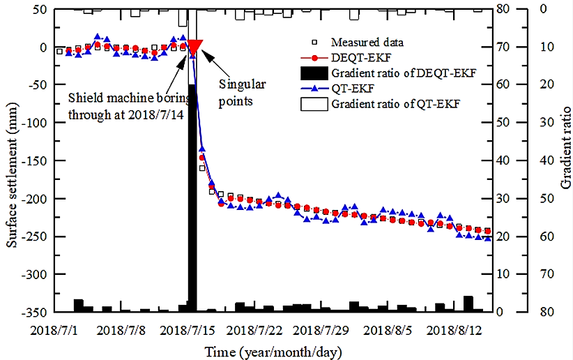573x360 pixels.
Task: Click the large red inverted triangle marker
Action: pos(194,47)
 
